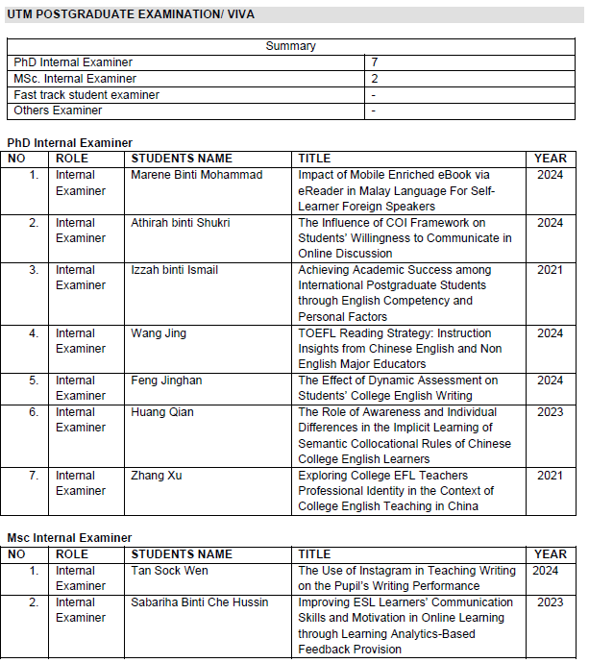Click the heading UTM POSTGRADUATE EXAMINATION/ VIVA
point(131,15)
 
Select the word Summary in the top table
point(290,46)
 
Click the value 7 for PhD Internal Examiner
point(374,62)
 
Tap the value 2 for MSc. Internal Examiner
point(374,79)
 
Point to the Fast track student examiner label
point(86,95)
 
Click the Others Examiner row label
point(58,110)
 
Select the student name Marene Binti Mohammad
point(196,175)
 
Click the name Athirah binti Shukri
point(180,223)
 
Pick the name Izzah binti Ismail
point(174,270)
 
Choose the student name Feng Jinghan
point(166,381)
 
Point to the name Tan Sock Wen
point(169,571)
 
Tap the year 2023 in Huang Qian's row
point(550,412)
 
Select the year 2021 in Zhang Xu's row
point(550,476)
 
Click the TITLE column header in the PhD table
point(314,159)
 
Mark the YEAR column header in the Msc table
point(551,554)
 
